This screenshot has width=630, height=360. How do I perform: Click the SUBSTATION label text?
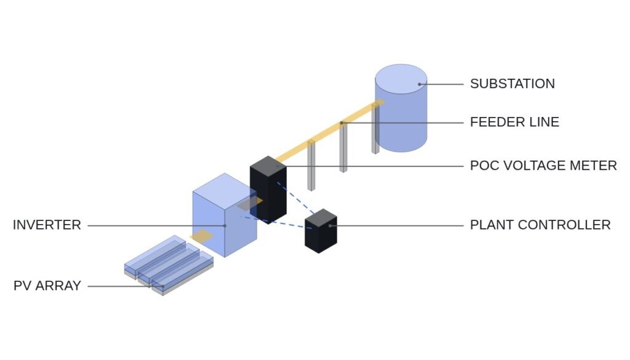(512, 84)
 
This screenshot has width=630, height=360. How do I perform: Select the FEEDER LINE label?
(514, 122)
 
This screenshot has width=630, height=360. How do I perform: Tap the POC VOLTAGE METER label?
(543, 166)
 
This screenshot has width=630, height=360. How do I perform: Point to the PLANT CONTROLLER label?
(540, 225)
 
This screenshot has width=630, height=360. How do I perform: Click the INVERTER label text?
(47, 225)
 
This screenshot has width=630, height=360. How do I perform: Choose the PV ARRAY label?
(47, 286)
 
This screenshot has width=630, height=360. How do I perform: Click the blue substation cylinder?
(401, 108)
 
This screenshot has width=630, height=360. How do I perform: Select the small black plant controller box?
(321, 231)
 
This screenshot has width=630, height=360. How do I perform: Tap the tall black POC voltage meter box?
(268, 190)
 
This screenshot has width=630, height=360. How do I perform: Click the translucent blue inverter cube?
(225, 215)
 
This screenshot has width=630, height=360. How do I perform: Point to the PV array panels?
(169, 265)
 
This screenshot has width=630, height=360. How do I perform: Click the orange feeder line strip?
(330, 130)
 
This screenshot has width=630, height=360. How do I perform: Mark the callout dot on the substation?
(420, 84)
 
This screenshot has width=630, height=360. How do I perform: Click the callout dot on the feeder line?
(341, 122)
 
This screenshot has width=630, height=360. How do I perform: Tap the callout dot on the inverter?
(225, 226)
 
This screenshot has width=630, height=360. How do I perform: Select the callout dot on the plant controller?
(330, 226)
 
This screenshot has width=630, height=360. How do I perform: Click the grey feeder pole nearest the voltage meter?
(311, 165)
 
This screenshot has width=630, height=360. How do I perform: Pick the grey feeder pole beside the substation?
(375, 129)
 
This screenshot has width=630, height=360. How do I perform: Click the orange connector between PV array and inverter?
(202, 236)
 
